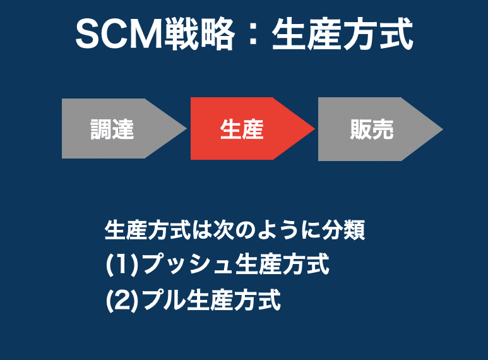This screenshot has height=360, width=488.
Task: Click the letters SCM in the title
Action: pyautogui.click(x=119, y=33)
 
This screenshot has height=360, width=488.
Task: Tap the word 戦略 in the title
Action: pyautogui.click(x=199, y=33)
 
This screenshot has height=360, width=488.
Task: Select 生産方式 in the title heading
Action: pyautogui.click(x=343, y=33)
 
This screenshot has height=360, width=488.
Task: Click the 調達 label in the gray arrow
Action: pyautogui.click(x=112, y=129)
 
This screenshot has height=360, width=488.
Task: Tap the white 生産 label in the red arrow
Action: pyautogui.click(x=242, y=129)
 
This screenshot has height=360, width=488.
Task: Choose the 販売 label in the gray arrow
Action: pyautogui.click(x=372, y=129)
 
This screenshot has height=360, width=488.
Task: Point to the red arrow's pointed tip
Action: pyautogui.click(x=314, y=129)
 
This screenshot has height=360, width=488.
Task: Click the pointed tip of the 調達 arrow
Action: pyautogui.click(x=186, y=128)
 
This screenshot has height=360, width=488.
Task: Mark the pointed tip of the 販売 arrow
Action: pyautogui.click(x=443, y=129)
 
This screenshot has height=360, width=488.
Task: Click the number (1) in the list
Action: pyautogui.click(x=122, y=265)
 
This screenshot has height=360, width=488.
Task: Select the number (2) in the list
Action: pyautogui.click(x=122, y=300)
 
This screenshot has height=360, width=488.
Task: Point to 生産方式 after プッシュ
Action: pyautogui.click(x=282, y=265)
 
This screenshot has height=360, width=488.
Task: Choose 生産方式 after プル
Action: pyautogui.click(x=234, y=300)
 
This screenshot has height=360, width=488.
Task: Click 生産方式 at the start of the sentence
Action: pyautogui.click(x=148, y=231)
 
